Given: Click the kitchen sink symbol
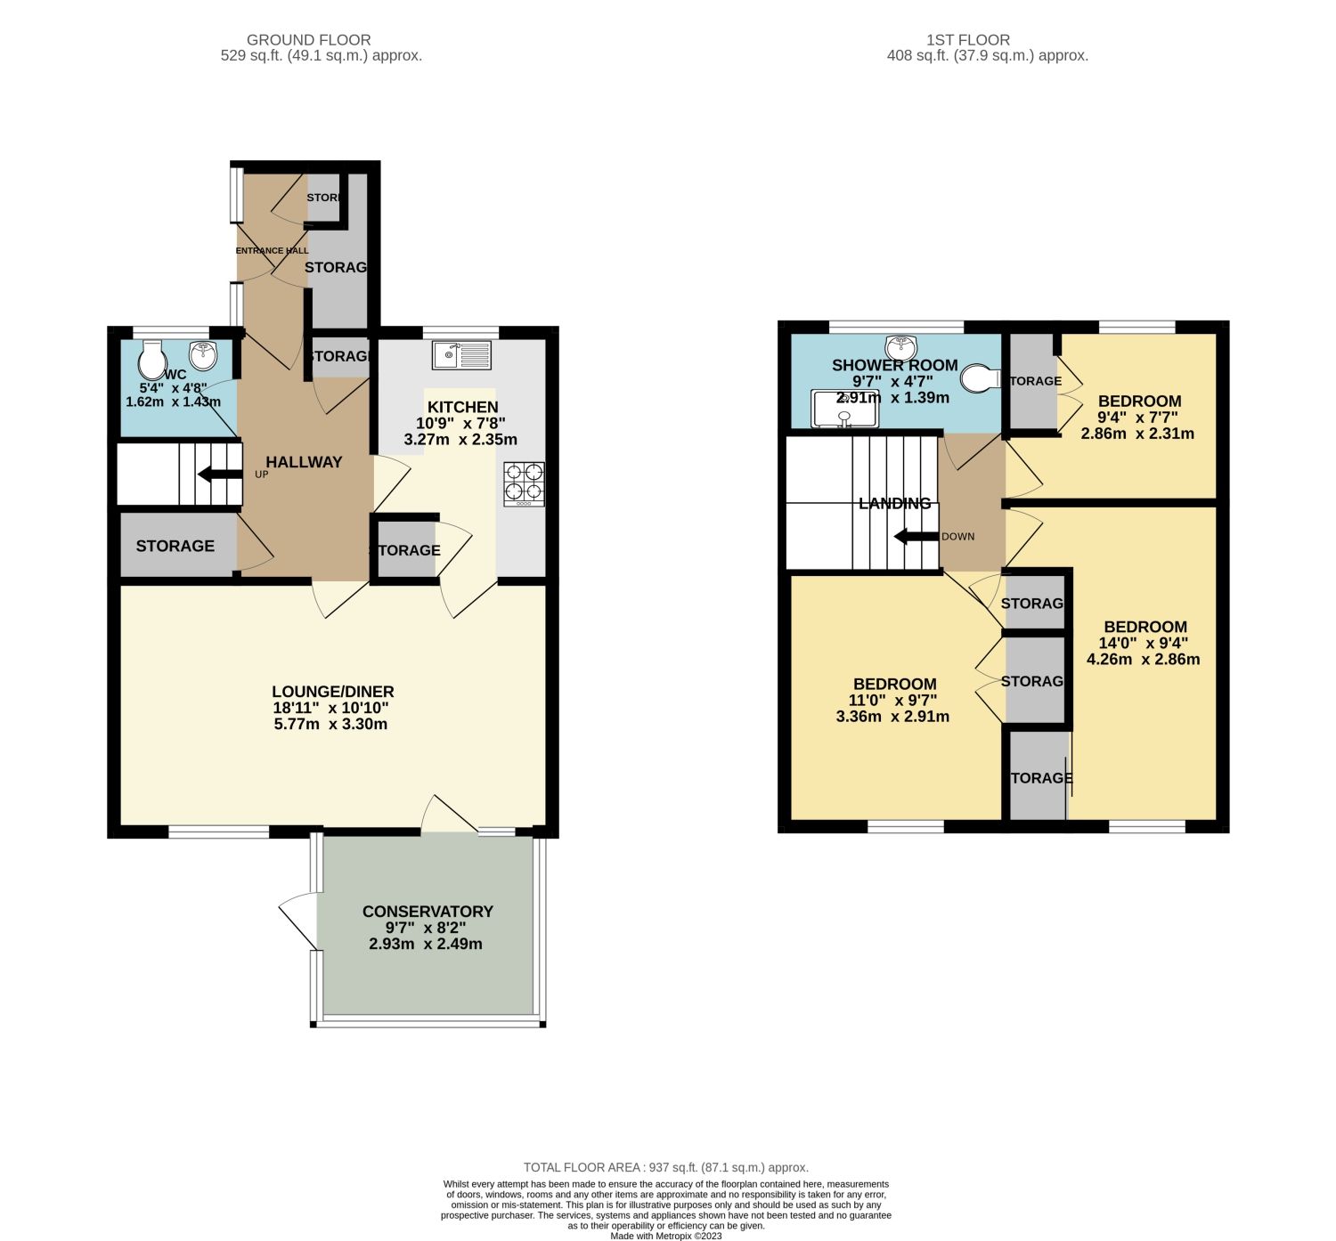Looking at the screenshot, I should pyautogui.click(x=461, y=356).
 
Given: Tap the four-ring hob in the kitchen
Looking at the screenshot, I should pyautogui.click(x=524, y=483).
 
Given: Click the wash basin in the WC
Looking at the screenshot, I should pyautogui.click(x=204, y=355).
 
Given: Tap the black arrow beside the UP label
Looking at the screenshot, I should pyautogui.click(x=219, y=474).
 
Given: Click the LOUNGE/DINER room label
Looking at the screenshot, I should pyautogui.click(x=332, y=692).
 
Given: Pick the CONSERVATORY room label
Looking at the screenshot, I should pyautogui.click(x=428, y=912).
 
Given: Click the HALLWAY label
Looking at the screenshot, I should pyautogui.click(x=304, y=462).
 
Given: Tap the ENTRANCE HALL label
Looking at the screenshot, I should pyautogui.click(x=272, y=251).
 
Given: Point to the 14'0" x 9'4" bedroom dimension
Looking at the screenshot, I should pyautogui.click(x=1144, y=643).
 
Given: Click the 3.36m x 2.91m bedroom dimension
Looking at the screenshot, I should pyautogui.click(x=892, y=717).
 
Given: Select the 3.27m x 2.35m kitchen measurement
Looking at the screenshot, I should pyautogui.click(x=460, y=440).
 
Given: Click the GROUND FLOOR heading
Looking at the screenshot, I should pyautogui.click(x=308, y=40).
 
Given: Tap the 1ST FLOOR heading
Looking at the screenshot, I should pyautogui.click(x=967, y=40).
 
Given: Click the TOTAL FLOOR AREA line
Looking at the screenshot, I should pyautogui.click(x=666, y=1167).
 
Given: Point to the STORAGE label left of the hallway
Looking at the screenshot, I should pyautogui.click(x=175, y=546).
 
